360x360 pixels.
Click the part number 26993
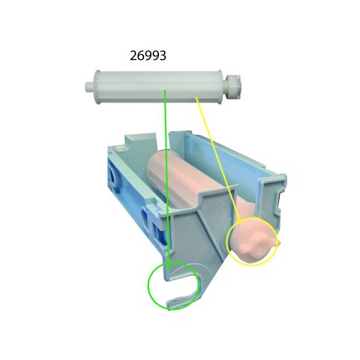(x=147, y=55)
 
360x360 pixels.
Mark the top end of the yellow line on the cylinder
(x=196, y=98)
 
